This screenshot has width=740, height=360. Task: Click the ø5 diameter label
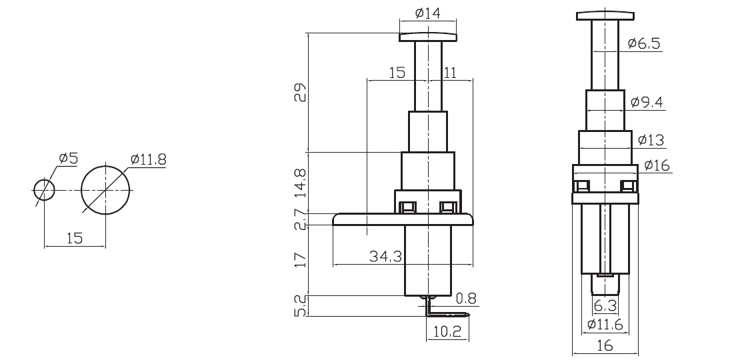[69, 159]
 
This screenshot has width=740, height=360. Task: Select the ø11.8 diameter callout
[148, 159]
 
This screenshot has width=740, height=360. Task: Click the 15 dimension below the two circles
[74, 238]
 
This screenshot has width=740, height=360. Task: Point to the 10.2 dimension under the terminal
[447, 331]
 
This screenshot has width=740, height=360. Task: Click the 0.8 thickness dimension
[466, 298]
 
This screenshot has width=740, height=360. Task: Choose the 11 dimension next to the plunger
[449, 72]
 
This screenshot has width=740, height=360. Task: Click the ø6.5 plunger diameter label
[643, 44]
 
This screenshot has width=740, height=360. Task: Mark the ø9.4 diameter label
[646, 102]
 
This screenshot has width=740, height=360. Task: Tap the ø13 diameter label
[650, 140]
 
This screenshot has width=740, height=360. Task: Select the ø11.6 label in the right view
[605, 325]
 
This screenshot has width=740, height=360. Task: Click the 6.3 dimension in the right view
[605, 306]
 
